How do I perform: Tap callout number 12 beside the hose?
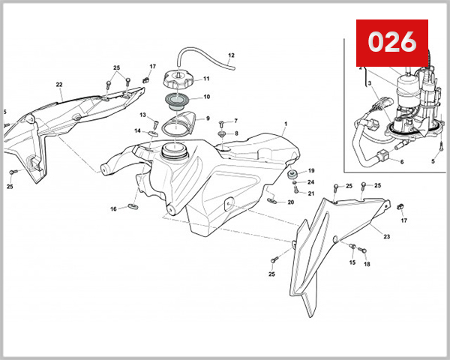click(x=231, y=55)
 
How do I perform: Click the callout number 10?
click(x=206, y=97)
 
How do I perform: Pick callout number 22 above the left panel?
click(x=59, y=84)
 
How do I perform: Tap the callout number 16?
click(x=114, y=208)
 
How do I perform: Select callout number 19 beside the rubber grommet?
click(x=311, y=171)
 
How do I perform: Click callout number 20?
click(x=290, y=202)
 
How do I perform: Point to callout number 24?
click(x=311, y=182)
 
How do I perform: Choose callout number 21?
click(x=311, y=193)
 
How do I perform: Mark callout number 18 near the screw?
click(x=367, y=264)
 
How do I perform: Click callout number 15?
click(x=351, y=262)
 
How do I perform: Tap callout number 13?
click(x=142, y=115)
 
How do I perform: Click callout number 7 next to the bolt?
click(x=235, y=121)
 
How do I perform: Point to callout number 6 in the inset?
click(x=401, y=162)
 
